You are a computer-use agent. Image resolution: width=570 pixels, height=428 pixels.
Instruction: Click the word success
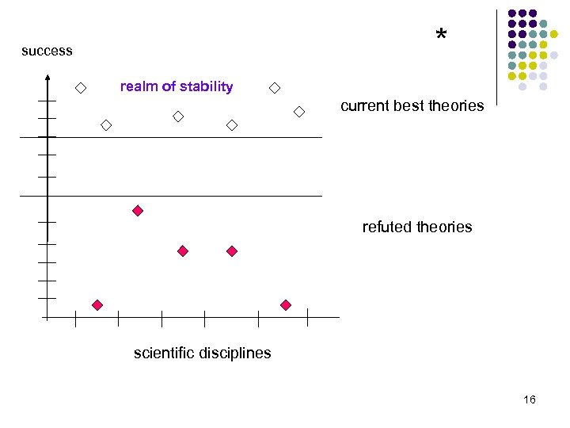point(47,51)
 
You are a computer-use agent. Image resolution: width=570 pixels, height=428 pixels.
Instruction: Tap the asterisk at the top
point(441,35)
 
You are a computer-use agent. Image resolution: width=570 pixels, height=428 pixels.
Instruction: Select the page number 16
point(530,399)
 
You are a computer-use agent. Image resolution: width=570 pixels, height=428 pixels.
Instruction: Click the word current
point(364,105)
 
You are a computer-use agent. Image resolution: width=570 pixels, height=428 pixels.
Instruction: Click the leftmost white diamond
point(81,88)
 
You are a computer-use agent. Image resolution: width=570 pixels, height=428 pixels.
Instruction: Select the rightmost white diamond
point(299,112)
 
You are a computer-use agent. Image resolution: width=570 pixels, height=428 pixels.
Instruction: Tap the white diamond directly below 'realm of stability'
point(178,117)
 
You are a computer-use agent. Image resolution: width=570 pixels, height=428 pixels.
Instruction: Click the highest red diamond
point(138,211)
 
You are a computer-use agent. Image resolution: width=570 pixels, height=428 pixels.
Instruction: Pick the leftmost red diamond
point(97,305)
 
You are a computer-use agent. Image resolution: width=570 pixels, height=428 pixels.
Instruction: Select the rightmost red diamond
point(286,305)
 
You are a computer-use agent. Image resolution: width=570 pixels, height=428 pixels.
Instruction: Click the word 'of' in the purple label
point(166,86)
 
